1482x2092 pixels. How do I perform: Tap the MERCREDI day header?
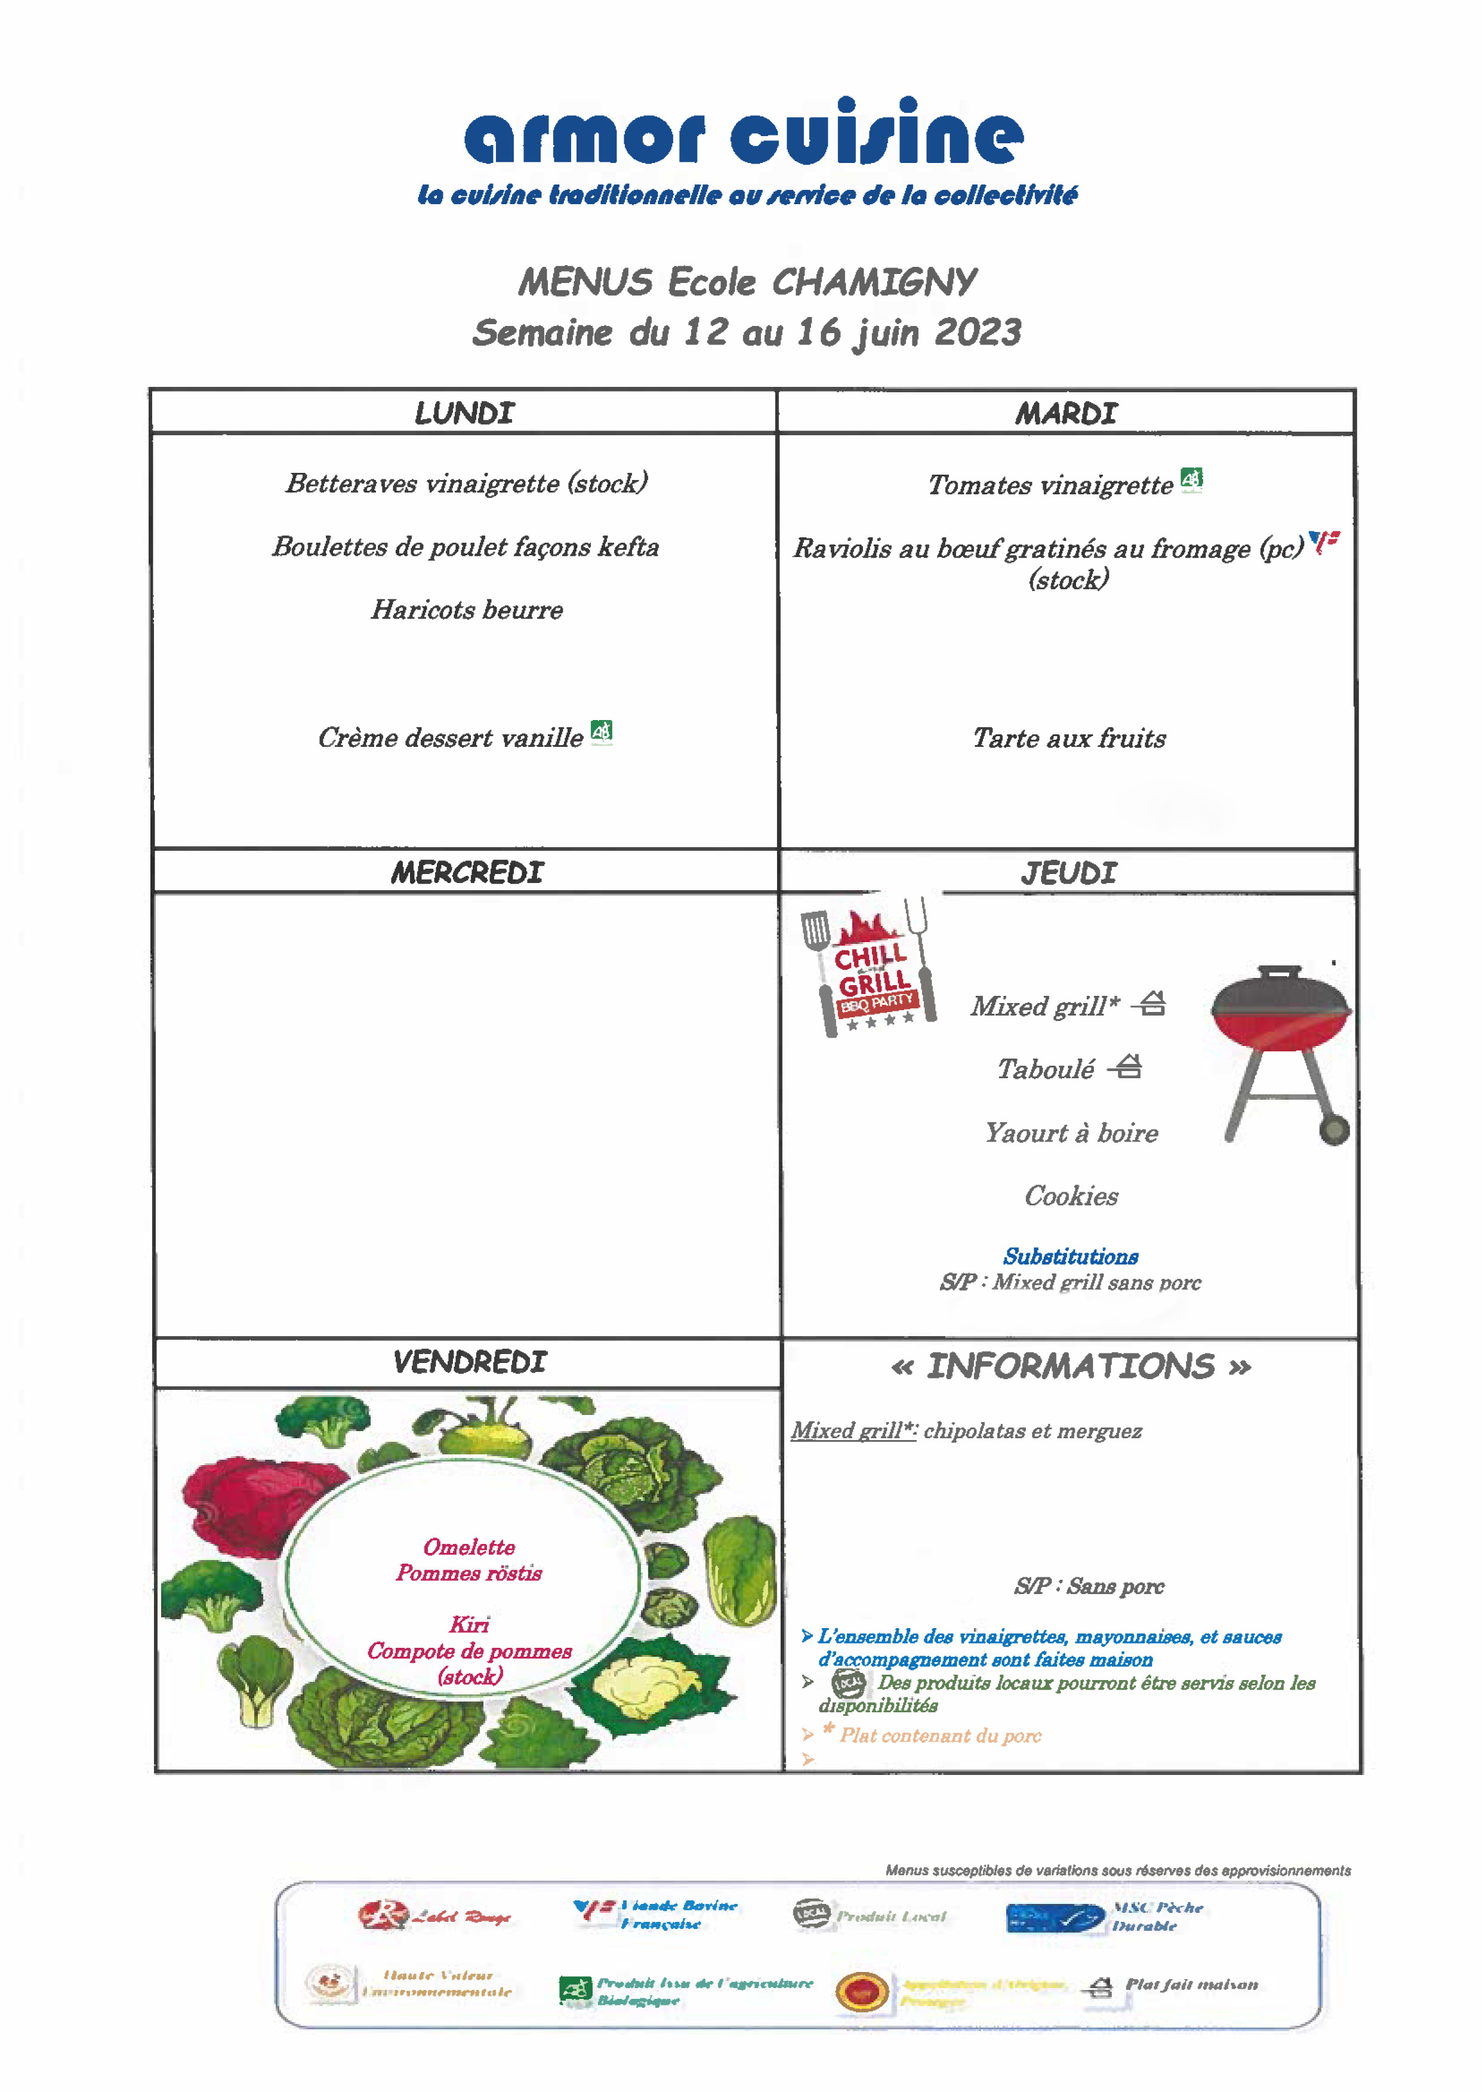[x=466, y=873]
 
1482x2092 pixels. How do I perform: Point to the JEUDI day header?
[x=1068, y=873]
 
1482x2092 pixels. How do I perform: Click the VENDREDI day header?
[x=469, y=1362]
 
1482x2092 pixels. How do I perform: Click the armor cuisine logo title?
[x=743, y=135]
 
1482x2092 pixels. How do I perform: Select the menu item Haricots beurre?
[x=466, y=610]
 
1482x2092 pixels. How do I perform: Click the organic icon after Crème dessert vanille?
[x=602, y=731]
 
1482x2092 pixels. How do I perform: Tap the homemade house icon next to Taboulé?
[x=1129, y=1066]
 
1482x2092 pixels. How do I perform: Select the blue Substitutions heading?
[x=1070, y=1257]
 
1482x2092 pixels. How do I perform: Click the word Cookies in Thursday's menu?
[x=1070, y=1196]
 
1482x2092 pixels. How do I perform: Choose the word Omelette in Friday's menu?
[x=469, y=1547]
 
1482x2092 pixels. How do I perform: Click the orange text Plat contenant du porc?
[x=940, y=1735]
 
